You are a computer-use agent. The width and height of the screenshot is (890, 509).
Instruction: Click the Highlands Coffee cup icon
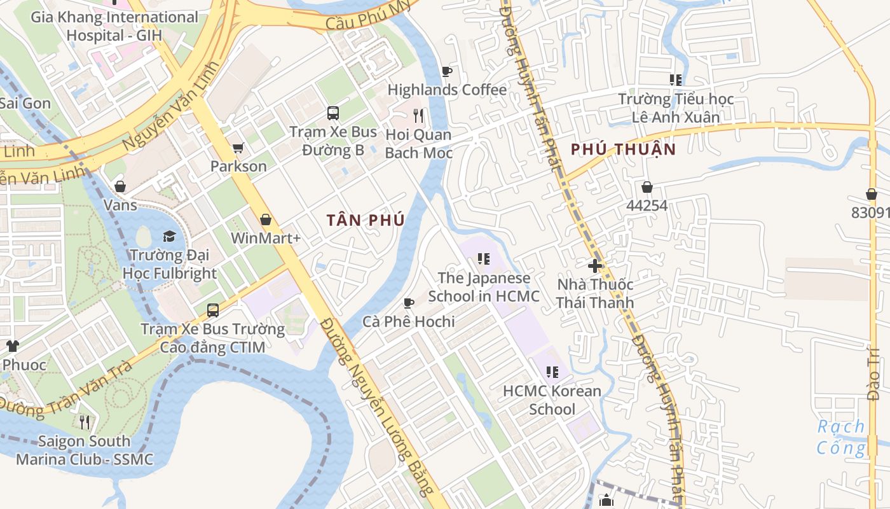click(x=446, y=71)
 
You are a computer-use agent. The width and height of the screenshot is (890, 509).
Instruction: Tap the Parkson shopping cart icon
click(x=238, y=148)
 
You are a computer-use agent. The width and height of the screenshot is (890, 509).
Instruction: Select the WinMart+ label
click(x=266, y=238)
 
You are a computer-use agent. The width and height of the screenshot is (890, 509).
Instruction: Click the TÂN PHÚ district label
click(x=366, y=220)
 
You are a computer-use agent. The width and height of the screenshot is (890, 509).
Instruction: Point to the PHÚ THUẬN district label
click(x=623, y=149)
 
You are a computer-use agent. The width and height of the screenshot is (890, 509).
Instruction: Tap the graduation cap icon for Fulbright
click(x=169, y=237)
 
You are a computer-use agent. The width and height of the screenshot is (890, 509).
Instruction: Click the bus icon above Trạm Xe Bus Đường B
click(x=333, y=113)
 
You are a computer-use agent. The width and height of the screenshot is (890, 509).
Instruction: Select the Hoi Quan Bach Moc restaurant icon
click(x=418, y=115)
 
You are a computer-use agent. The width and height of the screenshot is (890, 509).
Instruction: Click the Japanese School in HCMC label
click(x=484, y=287)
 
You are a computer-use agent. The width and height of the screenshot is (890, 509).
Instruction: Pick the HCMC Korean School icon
click(x=552, y=372)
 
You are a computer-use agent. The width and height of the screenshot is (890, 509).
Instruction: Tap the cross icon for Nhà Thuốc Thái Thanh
click(x=595, y=265)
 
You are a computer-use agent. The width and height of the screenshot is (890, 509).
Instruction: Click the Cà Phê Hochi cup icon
click(x=409, y=303)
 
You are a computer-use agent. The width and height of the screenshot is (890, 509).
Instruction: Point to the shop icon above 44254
click(x=647, y=187)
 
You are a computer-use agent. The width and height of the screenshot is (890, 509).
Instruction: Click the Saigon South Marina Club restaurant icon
click(x=85, y=422)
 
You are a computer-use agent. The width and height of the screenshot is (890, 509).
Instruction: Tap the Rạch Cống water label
click(x=841, y=436)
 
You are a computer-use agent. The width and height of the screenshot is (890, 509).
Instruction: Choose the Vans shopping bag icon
click(x=120, y=186)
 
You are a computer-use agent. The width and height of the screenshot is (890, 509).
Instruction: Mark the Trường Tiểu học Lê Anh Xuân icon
click(x=676, y=80)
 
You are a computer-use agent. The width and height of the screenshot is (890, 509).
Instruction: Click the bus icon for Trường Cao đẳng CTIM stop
click(x=213, y=310)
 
